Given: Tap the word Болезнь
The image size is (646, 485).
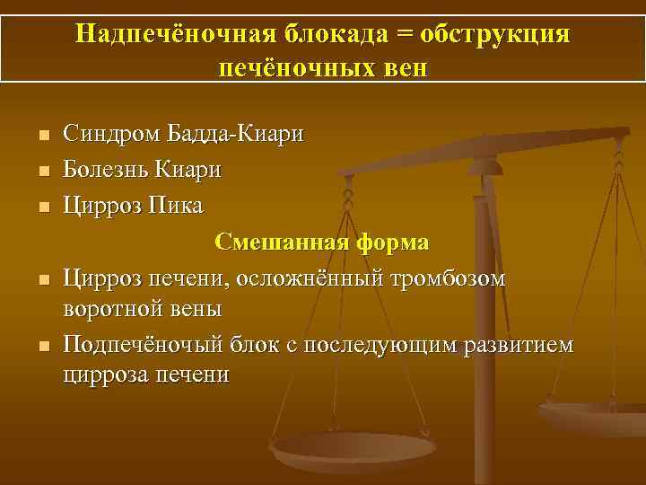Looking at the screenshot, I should tap(106, 170).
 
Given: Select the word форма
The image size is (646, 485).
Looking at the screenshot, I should tap(391, 242).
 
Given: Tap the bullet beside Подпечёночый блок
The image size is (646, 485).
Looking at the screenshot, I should tap(42, 348).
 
